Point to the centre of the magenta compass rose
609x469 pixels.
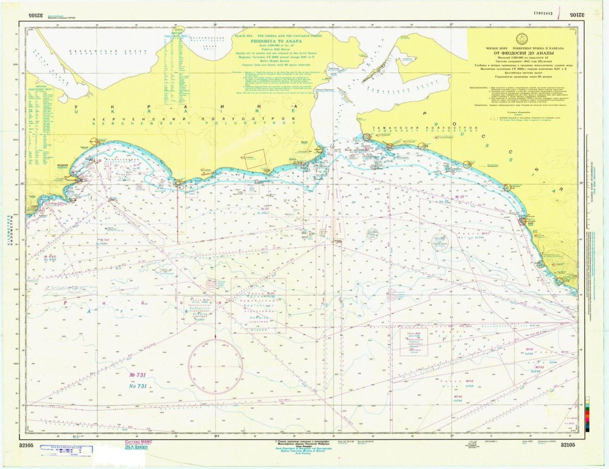click(x=216, y=366)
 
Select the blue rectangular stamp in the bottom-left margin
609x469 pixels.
click(x=70, y=449)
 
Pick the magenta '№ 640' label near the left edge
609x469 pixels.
click(x=49, y=256)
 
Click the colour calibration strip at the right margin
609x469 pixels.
click(x=587, y=414)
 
